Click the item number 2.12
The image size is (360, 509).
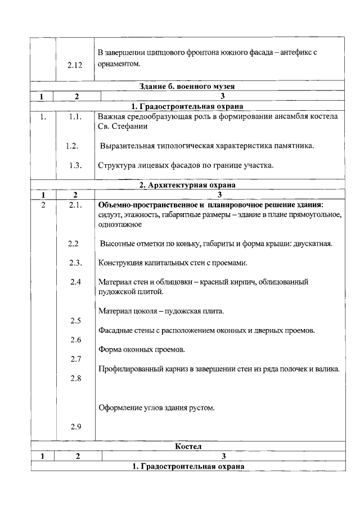(74, 66)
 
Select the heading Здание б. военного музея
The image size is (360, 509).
(187, 87)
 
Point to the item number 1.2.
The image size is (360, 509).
(71, 146)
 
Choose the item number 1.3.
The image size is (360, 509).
(75, 165)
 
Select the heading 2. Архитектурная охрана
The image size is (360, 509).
(187, 184)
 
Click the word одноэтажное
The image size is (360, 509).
(119, 224)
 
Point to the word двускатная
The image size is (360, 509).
(313, 244)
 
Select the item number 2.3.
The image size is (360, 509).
(75, 263)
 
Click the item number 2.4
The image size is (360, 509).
(75, 282)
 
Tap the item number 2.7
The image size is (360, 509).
(75, 359)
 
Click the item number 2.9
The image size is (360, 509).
(75, 427)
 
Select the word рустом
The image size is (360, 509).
(202, 408)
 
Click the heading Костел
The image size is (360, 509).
(187, 446)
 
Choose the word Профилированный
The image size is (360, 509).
(127, 369)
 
